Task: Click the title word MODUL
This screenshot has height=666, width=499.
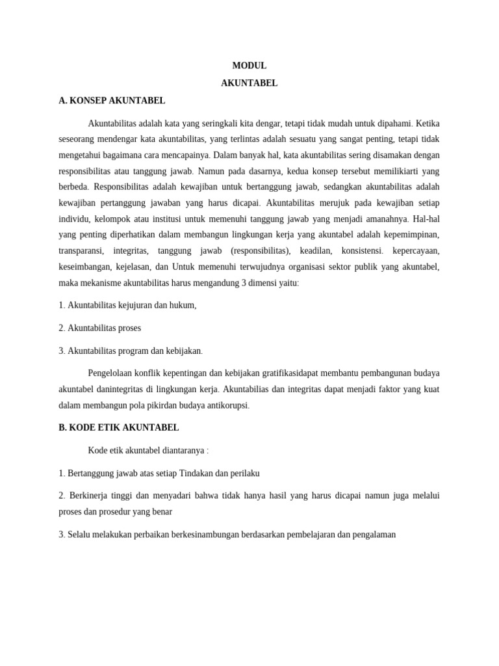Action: pyautogui.click(x=249, y=66)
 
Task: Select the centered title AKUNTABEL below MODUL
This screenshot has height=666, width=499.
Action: pyautogui.click(x=249, y=83)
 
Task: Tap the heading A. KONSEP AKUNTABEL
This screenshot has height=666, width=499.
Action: pyautogui.click(x=112, y=101)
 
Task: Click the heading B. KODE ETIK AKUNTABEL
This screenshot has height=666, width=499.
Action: pyautogui.click(x=119, y=428)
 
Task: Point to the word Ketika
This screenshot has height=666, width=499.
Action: pyautogui.click(x=428, y=124)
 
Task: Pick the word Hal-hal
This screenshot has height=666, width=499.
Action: pyautogui.click(x=426, y=219)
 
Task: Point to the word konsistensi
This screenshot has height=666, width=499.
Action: pyautogui.click(x=362, y=251)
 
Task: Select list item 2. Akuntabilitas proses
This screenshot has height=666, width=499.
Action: pyautogui.click(x=99, y=328)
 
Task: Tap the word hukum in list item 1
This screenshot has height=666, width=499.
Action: pyautogui.click(x=183, y=306)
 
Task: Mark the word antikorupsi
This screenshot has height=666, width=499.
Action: pyautogui.click(x=227, y=406)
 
